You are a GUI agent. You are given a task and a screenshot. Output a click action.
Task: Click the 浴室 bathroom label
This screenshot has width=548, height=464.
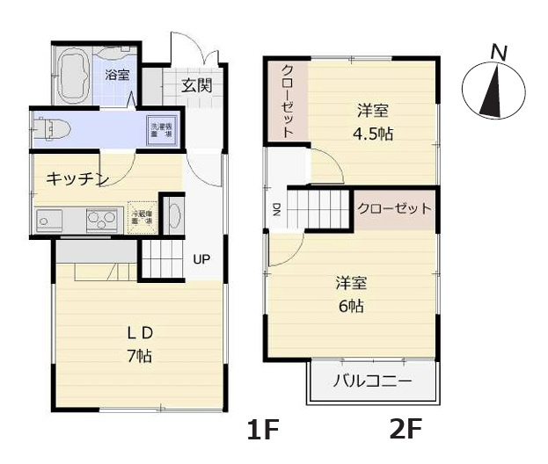tap(117, 74)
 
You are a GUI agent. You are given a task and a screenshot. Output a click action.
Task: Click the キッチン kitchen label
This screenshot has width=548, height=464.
tap(77, 179)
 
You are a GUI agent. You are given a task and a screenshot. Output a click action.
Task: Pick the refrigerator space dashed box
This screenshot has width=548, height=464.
tap(141, 218)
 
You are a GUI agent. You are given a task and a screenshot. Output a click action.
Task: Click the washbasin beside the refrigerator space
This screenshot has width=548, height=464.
tap(173, 216)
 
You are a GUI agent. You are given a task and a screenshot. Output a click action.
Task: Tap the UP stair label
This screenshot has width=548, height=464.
tap(201, 260)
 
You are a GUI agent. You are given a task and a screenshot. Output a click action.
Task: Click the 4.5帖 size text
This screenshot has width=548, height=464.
tap(373, 134)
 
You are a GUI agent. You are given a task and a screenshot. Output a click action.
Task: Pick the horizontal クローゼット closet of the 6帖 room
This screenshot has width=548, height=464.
tap(394, 209)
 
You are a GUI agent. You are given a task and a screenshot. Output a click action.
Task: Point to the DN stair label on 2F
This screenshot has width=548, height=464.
tap(275, 209)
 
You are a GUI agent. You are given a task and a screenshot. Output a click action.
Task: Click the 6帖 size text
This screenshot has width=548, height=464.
tap(351, 307)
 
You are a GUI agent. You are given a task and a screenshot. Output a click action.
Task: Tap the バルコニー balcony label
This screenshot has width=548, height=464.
tap(372, 382)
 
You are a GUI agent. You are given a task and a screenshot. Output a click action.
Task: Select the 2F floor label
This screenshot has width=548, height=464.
tap(406, 430)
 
